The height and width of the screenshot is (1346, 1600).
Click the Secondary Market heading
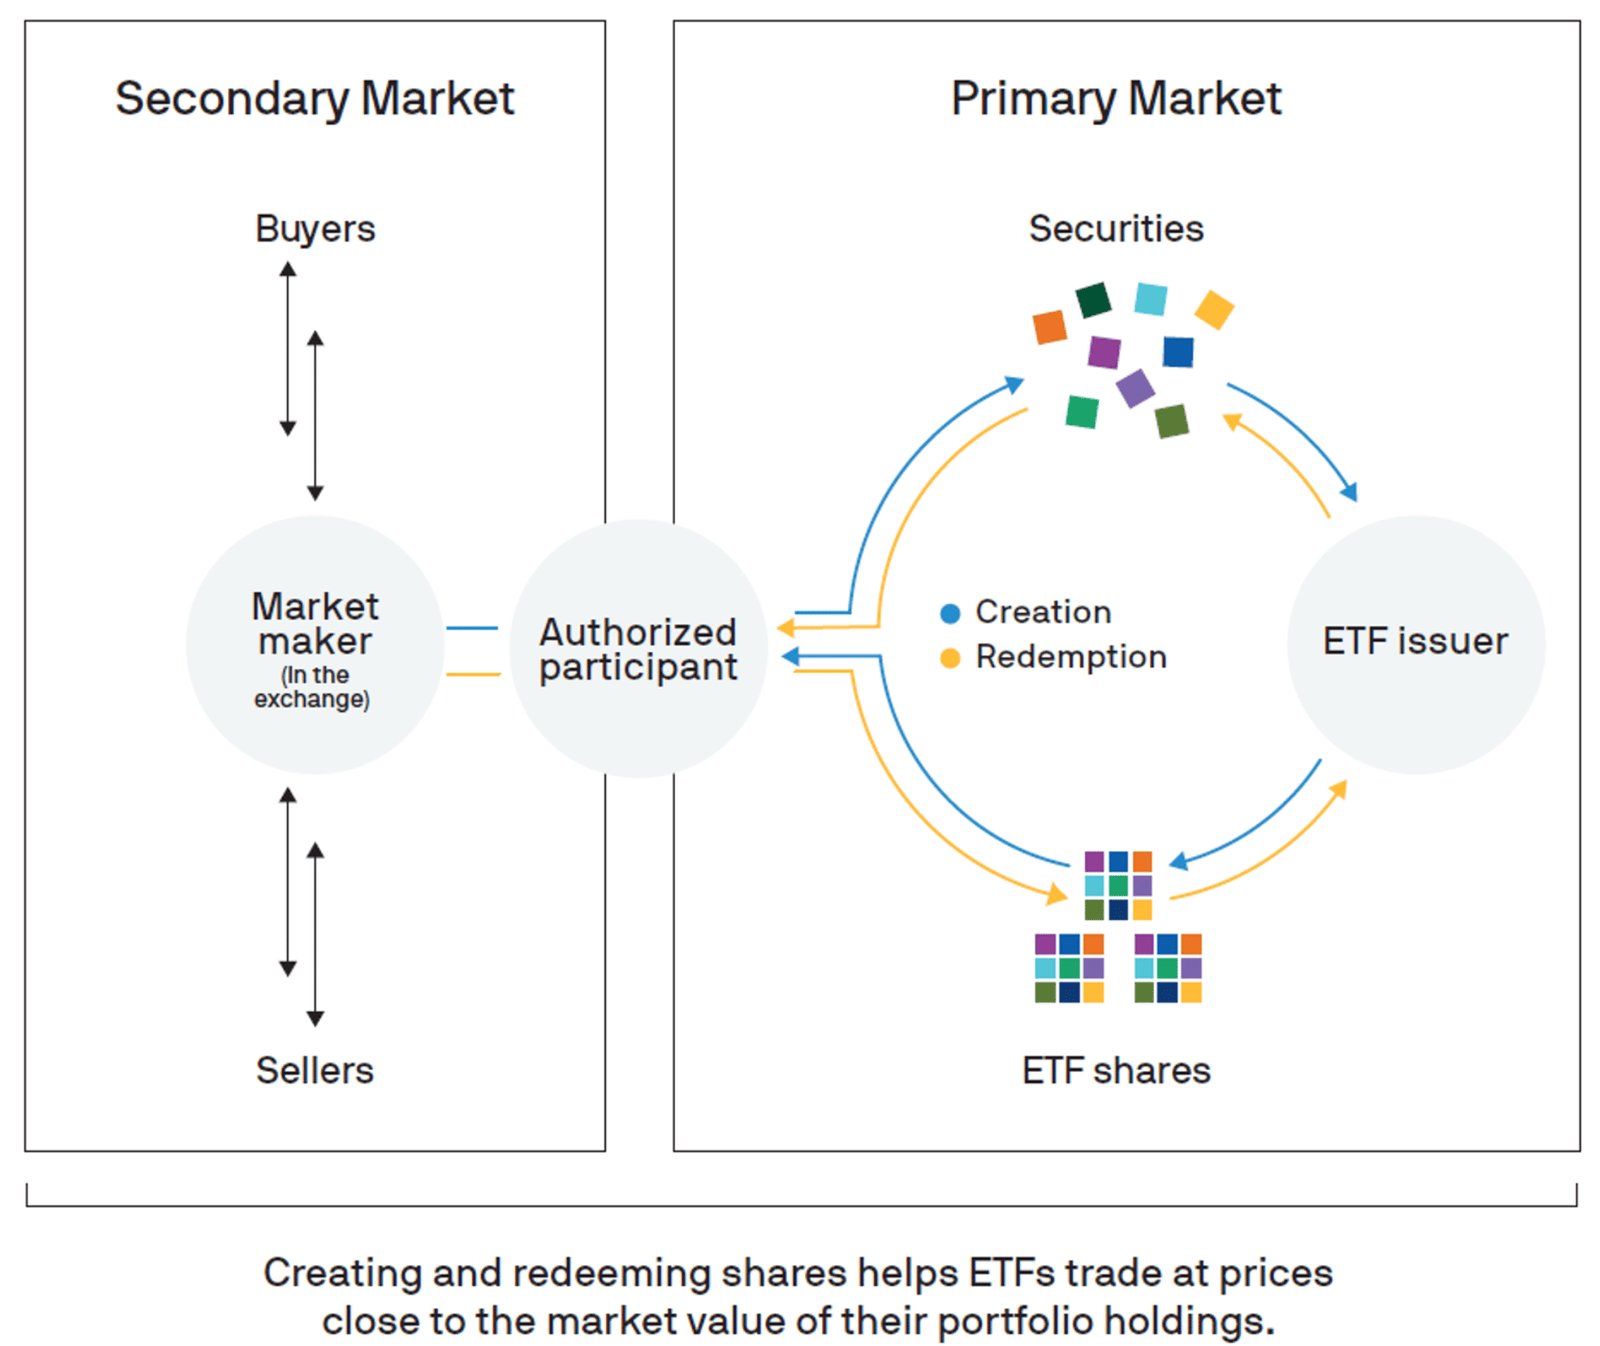[x=314, y=99]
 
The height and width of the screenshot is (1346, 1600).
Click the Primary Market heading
[x=1115, y=99]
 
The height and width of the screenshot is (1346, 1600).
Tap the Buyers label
[x=315, y=229]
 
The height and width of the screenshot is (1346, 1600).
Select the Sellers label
[x=314, y=1070]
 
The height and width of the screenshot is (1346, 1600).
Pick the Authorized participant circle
[x=638, y=648]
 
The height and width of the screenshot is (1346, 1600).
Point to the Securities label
[x=1116, y=229]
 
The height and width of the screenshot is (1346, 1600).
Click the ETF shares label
[x=1116, y=1070]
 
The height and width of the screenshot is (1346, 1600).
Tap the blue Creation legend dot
[x=950, y=613]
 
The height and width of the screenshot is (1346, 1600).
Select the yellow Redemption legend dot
[x=950, y=658]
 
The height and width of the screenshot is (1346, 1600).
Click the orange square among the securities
[x=1049, y=327]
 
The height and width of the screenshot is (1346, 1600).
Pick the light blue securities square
[x=1151, y=299]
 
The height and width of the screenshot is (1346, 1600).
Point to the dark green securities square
[x=1093, y=299]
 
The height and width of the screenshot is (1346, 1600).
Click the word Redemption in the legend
[x=1071, y=657]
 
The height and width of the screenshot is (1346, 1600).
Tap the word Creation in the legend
[x=1043, y=612]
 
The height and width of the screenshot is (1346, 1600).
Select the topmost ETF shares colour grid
[x=1118, y=885]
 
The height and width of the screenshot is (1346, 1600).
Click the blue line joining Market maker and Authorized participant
[x=472, y=628]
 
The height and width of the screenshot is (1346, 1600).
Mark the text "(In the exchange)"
[x=312, y=687]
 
